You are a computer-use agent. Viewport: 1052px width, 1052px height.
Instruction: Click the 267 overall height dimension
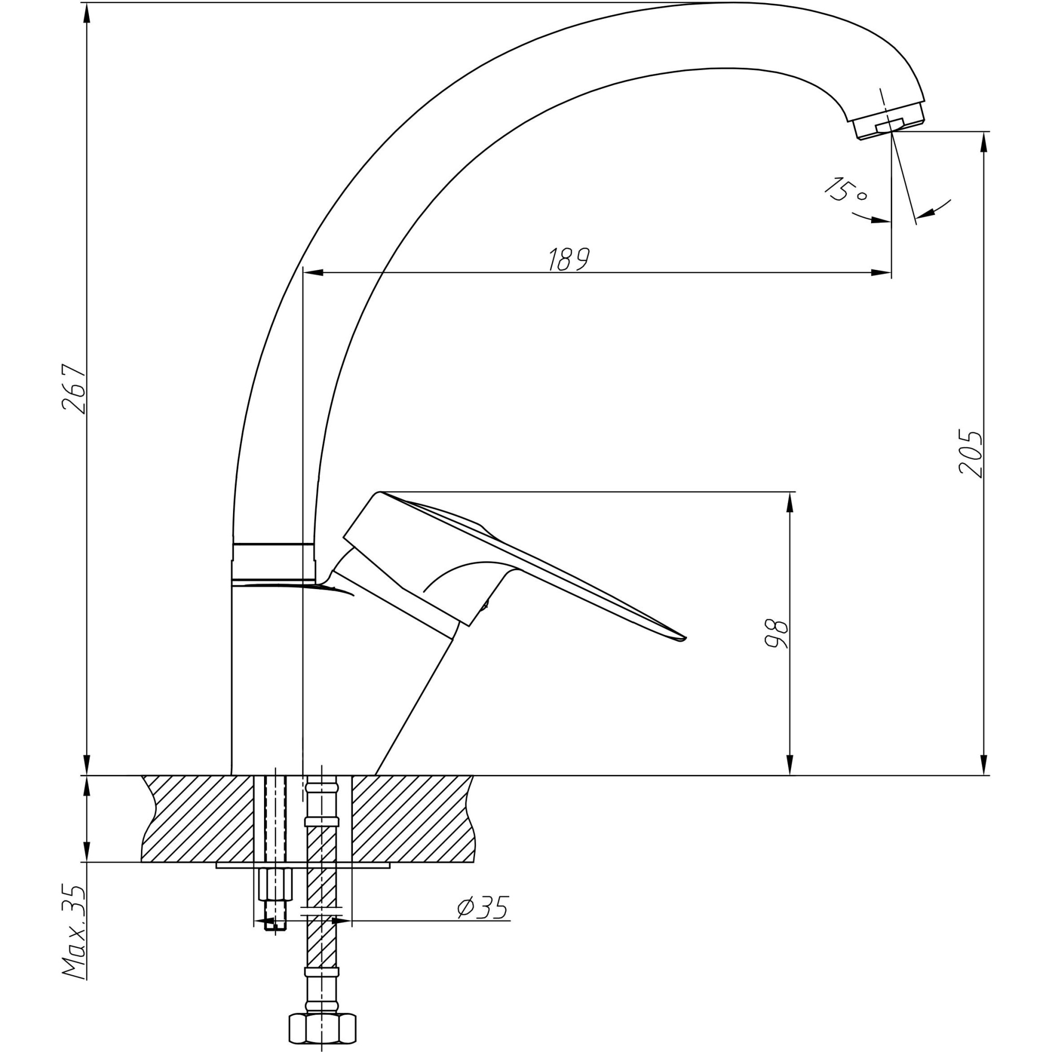click(74, 389)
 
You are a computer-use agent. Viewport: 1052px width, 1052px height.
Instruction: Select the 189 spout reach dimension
click(569, 259)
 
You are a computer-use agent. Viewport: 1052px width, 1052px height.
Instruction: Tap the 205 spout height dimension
click(970, 454)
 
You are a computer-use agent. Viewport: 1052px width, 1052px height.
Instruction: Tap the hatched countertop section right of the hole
click(412, 818)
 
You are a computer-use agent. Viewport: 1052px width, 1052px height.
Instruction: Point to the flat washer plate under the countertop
click(304, 865)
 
